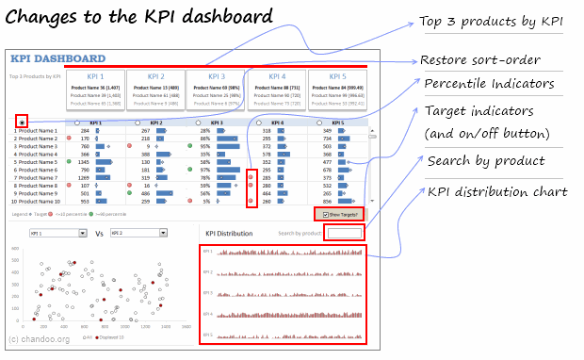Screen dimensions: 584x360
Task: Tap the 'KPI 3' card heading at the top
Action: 216,75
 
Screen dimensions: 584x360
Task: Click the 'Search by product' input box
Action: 344,233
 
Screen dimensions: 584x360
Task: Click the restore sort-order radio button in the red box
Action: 21,122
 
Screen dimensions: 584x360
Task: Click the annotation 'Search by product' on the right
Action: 485,161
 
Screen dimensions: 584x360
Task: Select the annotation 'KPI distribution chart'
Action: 496,192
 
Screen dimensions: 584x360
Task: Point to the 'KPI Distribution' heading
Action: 228,233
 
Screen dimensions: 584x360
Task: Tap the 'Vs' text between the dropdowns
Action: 98,232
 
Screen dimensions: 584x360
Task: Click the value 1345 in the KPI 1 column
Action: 84,161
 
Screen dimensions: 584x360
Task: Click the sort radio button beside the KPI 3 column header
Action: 198,123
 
